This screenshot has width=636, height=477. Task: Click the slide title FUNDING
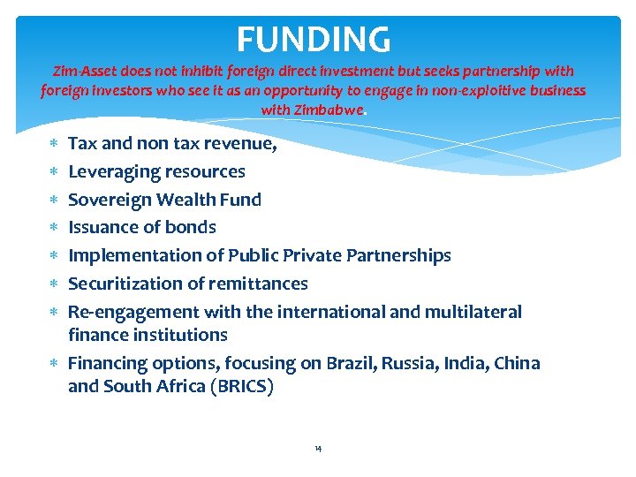314,39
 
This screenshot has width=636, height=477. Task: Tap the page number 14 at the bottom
318,450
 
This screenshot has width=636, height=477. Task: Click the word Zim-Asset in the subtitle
83,71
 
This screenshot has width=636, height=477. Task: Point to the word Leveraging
112,171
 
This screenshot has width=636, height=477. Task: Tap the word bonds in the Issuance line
192,227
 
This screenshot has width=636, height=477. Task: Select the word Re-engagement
133,312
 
